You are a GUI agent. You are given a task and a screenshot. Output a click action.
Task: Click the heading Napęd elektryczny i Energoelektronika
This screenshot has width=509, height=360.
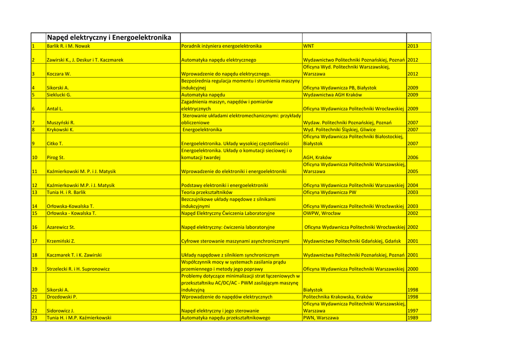pyautogui.click(x=108, y=37)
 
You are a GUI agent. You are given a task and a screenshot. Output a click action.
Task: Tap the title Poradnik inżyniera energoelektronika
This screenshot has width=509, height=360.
pyautogui.click(x=221, y=46)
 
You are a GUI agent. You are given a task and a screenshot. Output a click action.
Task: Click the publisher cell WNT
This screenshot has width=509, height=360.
pyautogui.click(x=309, y=46)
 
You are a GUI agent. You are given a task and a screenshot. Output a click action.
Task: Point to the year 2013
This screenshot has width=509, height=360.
pyautogui.click(x=413, y=46)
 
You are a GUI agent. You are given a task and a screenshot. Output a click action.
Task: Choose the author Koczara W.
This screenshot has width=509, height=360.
pyautogui.click(x=59, y=74)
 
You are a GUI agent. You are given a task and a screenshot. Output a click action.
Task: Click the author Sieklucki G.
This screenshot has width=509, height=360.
pyautogui.click(x=59, y=94)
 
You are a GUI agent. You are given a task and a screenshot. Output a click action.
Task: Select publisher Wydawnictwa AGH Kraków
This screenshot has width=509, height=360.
pyautogui.click(x=332, y=94)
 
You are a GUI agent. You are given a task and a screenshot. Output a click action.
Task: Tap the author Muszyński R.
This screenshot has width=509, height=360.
pyautogui.click(x=61, y=122)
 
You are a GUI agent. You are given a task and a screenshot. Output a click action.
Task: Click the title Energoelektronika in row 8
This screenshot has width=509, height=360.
pyautogui.click(x=202, y=129)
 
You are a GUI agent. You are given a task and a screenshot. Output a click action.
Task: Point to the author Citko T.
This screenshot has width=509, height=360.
pyautogui.click(x=55, y=143)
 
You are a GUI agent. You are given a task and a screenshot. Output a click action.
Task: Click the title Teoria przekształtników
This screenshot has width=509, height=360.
pyautogui.click(x=207, y=192)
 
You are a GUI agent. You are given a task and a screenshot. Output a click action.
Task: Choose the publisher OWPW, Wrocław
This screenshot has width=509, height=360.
pyautogui.click(x=322, y=213)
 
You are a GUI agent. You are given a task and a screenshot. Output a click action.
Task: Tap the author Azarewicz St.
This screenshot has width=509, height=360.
pyautogui.click(x=61, y=227)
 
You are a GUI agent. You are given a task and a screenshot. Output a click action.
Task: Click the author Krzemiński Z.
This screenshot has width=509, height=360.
pyautogui.click(x=61, y=241)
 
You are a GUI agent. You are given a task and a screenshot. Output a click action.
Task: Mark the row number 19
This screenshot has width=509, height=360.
pyautogui.click(x=35, y=269)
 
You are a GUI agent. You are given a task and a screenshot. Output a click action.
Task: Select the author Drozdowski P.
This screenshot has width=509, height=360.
pyautogui.click(x=62, y=297)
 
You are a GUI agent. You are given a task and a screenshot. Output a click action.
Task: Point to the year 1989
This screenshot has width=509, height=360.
pyautogui.click(x=413, y=317)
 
